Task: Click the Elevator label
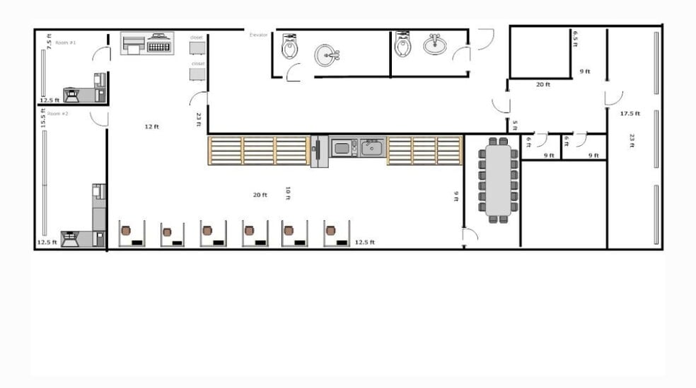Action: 257,34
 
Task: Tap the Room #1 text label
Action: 66,42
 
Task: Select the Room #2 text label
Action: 58,113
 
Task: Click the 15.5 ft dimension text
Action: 43,118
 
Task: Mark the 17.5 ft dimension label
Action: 630,113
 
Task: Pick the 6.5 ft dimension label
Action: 576,38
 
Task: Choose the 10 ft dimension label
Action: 287,193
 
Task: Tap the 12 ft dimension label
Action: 151,127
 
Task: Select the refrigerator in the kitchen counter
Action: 320,152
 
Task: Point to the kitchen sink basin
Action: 371,148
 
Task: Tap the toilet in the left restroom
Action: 289,47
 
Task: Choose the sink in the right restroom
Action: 434,45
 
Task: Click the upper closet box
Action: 197,47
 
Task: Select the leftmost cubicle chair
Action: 126,231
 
